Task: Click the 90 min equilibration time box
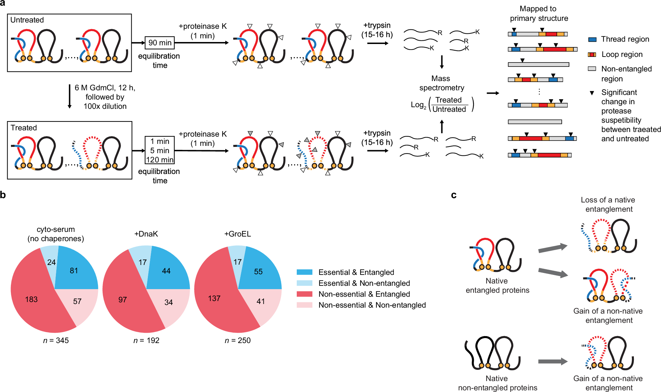[160, 43]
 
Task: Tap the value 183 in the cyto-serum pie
[31, 299]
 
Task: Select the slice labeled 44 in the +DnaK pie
[166, 271]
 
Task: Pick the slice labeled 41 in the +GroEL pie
[261, 301]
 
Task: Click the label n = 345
[56, 340]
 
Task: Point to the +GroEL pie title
[238, 234]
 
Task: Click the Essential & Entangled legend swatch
[304, 272]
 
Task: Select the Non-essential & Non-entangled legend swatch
[304, 305]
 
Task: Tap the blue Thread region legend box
[592, 39]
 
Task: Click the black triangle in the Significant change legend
[592, 93]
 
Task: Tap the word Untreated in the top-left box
[27, 20]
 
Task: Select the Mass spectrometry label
[441, 83]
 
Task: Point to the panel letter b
[3, 195]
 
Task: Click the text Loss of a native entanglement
[608, 204]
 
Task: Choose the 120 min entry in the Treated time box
[160, 160]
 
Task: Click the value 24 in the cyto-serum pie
[51, 262]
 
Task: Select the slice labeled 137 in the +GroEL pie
[214, 298]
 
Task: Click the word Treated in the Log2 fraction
[448, 100]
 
